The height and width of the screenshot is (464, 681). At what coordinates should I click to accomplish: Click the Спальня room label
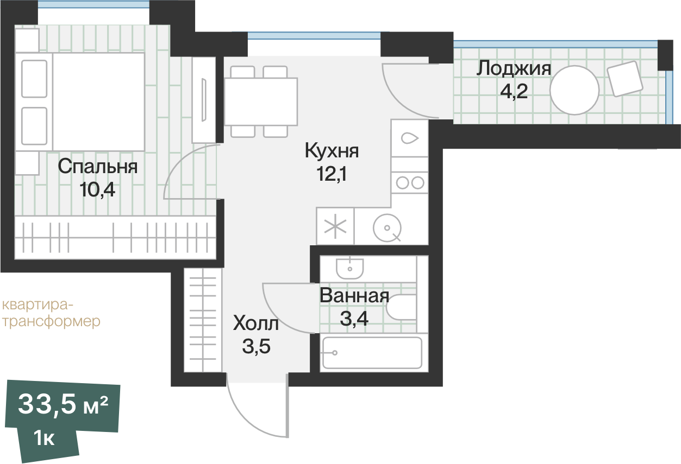(x=98, y=167)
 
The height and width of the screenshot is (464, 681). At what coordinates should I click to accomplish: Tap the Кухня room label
(x=332, y=151)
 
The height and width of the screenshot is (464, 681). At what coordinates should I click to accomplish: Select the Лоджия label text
(x=514, y=69)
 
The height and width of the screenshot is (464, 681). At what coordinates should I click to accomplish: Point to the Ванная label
(x=354, y=296)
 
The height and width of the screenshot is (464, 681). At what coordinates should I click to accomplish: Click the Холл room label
(x=255, y=325)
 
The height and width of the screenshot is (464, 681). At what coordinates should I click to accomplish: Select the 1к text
(x=43, y=438)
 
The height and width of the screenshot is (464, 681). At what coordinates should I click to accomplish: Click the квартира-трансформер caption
(x=51, y=313)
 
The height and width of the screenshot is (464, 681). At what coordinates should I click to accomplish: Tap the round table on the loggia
(x=574, y=90)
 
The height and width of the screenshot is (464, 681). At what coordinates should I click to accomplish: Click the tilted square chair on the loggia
(x=625, y=79)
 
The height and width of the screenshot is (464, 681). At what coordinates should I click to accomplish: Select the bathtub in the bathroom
(x=372, y=353)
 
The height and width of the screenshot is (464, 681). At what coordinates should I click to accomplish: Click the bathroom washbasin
(x=349, y=267)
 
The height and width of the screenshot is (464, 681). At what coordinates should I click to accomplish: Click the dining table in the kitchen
(x=261, y=101)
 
